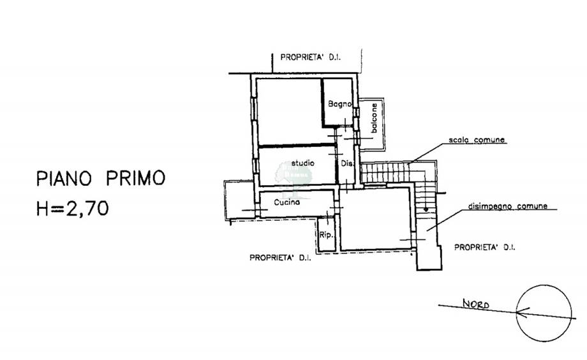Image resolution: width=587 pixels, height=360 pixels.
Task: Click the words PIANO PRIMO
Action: (100, 178)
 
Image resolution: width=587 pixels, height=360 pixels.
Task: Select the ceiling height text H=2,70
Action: (72, 208)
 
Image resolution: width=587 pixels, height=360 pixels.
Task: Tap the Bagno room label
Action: (337, 104)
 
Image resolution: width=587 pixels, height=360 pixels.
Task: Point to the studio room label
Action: (302, 163)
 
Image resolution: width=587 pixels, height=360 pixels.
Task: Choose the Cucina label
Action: (287, 202)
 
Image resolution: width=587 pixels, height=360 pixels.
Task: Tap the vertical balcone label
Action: (375, 119)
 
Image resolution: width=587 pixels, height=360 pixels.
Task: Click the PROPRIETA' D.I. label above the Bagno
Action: (310, 58)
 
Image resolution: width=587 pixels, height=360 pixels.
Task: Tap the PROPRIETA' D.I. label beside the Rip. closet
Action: (280, 258)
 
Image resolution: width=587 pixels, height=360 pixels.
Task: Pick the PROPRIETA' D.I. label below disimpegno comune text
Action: (484, 246)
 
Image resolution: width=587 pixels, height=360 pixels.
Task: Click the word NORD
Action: (475, 304)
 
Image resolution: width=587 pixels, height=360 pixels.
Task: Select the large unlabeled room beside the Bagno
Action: (288, 111)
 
